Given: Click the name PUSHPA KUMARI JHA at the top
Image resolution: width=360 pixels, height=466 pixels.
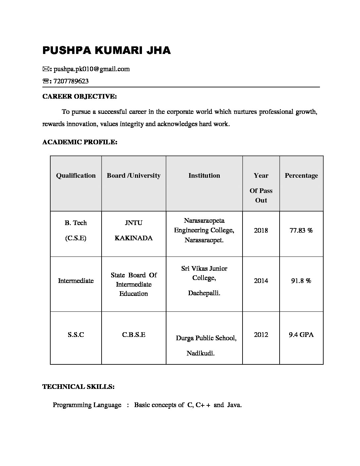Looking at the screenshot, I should point(106,50).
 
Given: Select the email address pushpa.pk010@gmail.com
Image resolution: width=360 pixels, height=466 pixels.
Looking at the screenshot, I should point(92,69).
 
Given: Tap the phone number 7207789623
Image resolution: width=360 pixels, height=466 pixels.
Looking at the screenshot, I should point(71,81).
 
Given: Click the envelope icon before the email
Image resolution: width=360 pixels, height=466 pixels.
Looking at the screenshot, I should point(46,69).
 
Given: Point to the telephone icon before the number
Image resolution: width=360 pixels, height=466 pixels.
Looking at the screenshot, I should point(46,81).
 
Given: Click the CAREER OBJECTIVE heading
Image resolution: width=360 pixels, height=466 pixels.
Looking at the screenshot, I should point(79,97).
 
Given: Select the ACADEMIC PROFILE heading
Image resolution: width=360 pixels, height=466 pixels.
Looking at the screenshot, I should point(80,142).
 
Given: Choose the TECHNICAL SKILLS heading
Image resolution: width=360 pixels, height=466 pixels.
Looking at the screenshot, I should point(78,387).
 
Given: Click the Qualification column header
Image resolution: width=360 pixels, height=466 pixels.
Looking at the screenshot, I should point(76,176).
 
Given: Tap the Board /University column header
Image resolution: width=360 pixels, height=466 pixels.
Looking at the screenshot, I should point(134,176).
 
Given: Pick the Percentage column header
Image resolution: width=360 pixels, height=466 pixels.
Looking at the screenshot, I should point(301,176).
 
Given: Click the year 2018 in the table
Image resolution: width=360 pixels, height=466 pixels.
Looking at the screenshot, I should point(261,230).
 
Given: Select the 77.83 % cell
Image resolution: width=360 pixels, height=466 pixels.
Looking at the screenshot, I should point(301,230).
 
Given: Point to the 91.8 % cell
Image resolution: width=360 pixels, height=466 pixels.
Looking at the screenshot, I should point(301,281).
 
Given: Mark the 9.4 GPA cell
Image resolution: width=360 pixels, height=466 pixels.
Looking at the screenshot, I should point(301,335).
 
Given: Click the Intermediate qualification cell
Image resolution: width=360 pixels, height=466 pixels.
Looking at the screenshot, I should point(76,281).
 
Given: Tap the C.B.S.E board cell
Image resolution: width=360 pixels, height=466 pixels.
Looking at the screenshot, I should point(134,335).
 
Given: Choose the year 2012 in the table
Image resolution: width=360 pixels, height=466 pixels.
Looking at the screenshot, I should point(261,335).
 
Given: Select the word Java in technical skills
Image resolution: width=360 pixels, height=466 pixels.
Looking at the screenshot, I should point(234,405).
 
